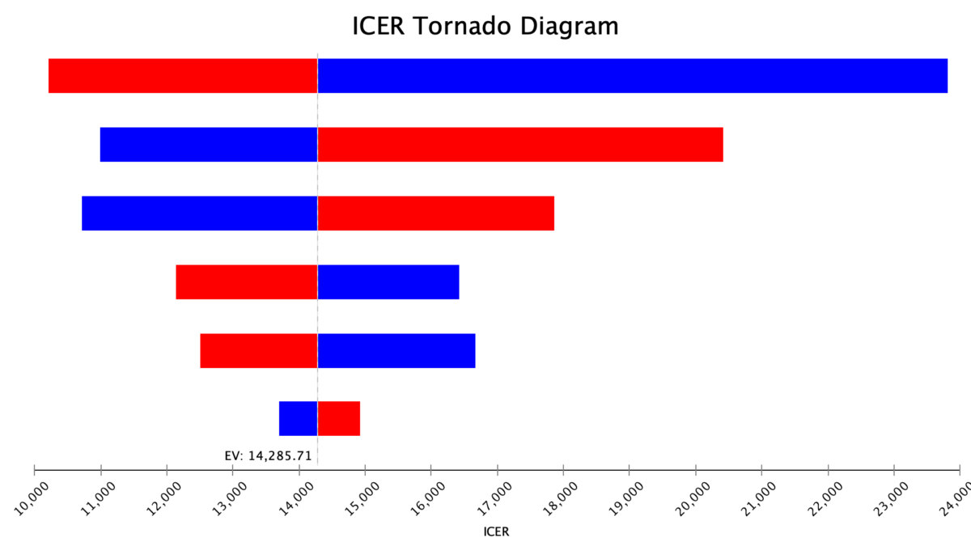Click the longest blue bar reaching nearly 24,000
(x=632, y=75)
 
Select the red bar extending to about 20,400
(x=519, y=144)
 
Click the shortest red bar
(x=338, y=418)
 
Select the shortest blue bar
(x=298, y=418)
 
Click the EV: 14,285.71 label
(x=268, y=456)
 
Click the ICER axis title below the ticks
(x=496, y=532)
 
